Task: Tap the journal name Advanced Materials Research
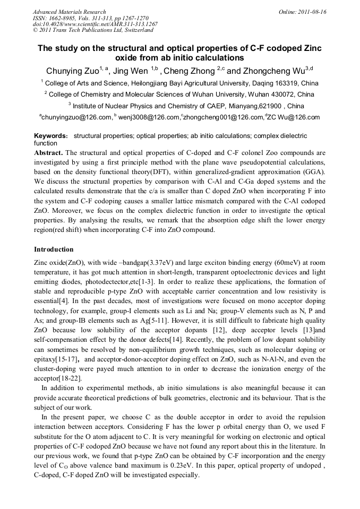click(x=69, y=12)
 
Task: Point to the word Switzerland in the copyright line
click(x=134, y=30)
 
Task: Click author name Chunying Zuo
click(x=72, y=71)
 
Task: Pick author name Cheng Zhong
click(x=189, y=71)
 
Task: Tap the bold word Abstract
click(x=48, y=152)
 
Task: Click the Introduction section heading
click(x=54, y=249)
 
